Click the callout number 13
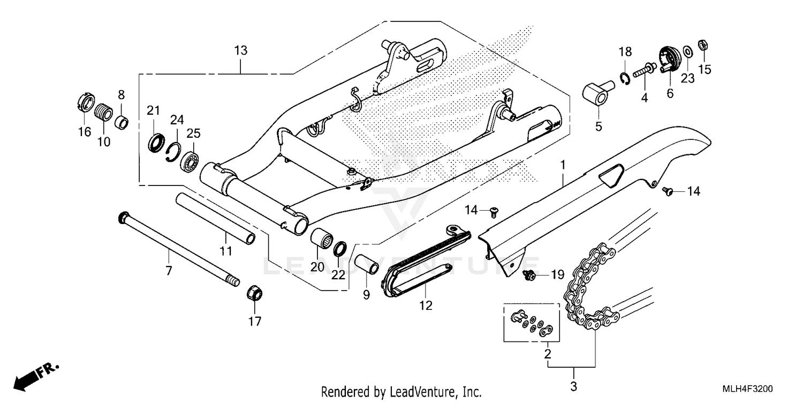[241, 51]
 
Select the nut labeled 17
[254, 294]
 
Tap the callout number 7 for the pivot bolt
[169, 271]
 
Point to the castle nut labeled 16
[86, 102]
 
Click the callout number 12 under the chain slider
[426, 306]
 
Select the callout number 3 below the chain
[573, 386]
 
